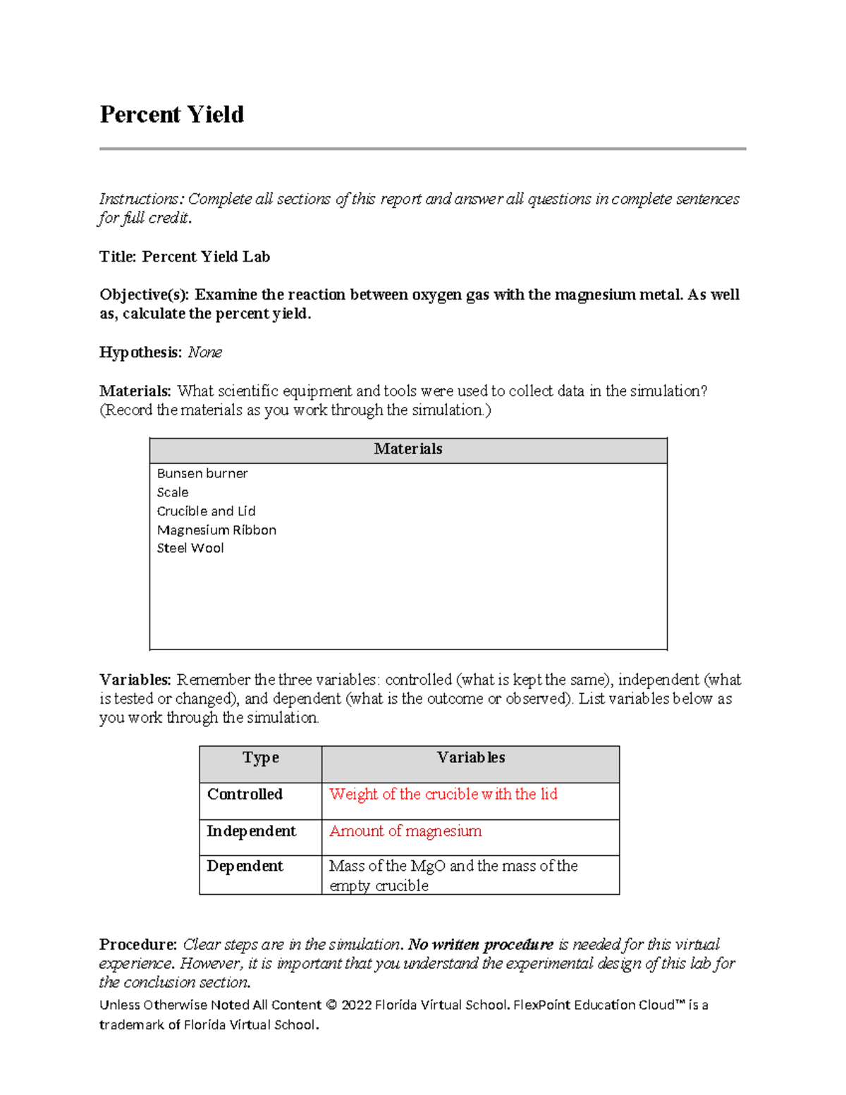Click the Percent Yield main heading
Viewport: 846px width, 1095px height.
point(171,114)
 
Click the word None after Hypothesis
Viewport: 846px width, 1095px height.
point(204,353)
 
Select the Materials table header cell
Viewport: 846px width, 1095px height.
point(407,449)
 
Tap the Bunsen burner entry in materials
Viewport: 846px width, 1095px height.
point(202,473)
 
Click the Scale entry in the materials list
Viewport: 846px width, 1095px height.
point(173,492)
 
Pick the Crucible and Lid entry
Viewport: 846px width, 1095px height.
point(206,511)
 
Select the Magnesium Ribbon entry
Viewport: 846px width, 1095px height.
point(216,530)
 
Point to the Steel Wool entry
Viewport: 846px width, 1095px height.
point(190,548)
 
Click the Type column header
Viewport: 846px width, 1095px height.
point(261,758)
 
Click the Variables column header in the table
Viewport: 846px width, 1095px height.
point(470,758)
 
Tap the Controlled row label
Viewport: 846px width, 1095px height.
point(245,795)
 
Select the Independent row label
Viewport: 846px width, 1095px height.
point(251,831)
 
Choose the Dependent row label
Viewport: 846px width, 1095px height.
point(245,867)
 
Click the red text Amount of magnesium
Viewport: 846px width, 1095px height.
point(405,831)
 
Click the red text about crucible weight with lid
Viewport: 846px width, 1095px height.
point(443,795)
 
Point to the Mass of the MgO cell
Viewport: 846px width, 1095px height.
point(453,875)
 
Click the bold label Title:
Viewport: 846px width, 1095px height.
point(118,257)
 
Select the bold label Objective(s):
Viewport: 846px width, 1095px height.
point(145,295)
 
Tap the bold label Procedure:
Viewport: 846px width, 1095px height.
point(138,945)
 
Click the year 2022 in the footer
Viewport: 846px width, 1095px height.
point(356,1005)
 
